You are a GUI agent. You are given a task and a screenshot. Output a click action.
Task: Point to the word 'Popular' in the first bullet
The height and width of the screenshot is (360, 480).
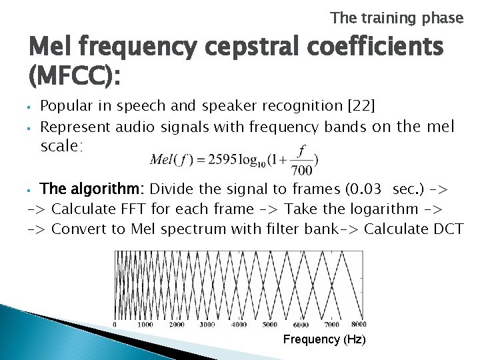[66, 106]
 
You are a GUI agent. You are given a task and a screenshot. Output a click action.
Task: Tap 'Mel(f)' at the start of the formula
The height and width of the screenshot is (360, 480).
[171, 159]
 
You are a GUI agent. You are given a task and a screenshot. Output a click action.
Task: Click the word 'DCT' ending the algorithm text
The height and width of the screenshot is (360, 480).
[449, 230]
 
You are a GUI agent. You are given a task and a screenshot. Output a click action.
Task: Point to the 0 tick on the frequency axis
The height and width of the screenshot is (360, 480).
[115, 324]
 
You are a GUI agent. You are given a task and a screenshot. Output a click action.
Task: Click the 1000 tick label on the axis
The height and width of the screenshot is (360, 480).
[145, 324]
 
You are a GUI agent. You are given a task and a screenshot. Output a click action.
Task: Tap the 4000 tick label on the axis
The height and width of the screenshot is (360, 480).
[238, 324]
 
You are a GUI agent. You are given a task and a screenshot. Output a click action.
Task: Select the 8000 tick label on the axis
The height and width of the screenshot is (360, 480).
[359, 324]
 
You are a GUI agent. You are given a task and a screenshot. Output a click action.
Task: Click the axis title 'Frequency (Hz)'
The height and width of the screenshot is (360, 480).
[324, 340]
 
